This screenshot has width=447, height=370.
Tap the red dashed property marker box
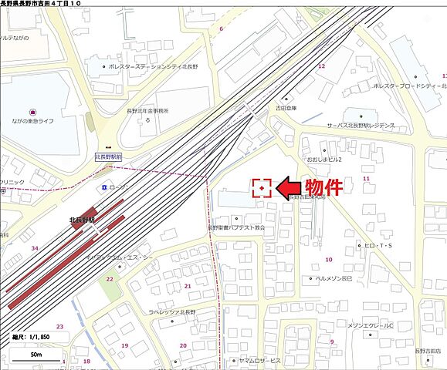[262, 187]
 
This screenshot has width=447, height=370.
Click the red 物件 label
[322, 187]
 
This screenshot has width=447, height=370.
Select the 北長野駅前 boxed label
[109, 156]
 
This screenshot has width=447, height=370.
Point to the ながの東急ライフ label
[32, 120]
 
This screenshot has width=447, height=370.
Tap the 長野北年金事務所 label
[147, 110]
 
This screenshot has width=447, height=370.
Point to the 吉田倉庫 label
[288, 109]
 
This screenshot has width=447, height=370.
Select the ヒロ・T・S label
[378, 246]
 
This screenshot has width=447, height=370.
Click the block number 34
[35, 248]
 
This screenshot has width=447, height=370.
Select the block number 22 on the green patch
[110, 279]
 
